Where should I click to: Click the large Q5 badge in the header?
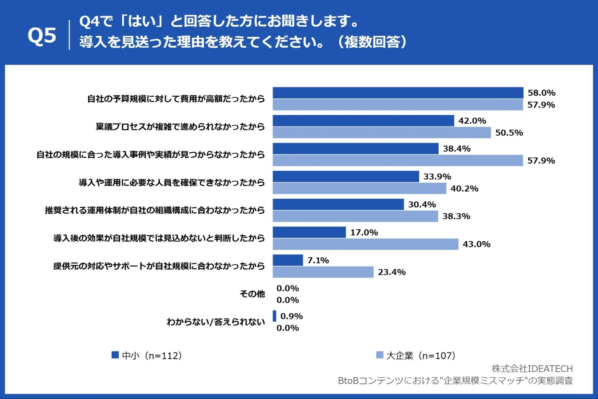click(x=42, y=36)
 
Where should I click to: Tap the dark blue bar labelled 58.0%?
click(x=398, y=93)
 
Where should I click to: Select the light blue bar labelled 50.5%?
click(x=382, y=133)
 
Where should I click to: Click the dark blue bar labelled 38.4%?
click(x=356, y=149)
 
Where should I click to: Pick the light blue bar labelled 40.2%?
click(x=360, y=188)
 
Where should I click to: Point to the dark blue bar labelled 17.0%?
click(x=309, y=232)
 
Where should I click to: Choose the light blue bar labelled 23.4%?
click(x=323, y=272)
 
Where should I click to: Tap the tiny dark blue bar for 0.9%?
click(x=274, y=316)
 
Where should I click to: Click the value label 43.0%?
click(x=477, y=244)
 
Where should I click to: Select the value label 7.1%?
click(x=318, y=260)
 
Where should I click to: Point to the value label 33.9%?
click(x=437, y=177)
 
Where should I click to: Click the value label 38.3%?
click(x=456, y=216)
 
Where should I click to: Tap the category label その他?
click(x=252, y=294)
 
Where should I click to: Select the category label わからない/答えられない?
click(x=216, y=322)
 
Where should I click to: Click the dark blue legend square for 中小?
click(x=115, y=355)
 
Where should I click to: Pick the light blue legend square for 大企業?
click(x=380, y=355)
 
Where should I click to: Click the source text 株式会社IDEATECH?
click(x=532, y=368)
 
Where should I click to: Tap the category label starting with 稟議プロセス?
click(x=180, y=127)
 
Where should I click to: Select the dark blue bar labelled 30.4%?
click(x=338, y=204)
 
